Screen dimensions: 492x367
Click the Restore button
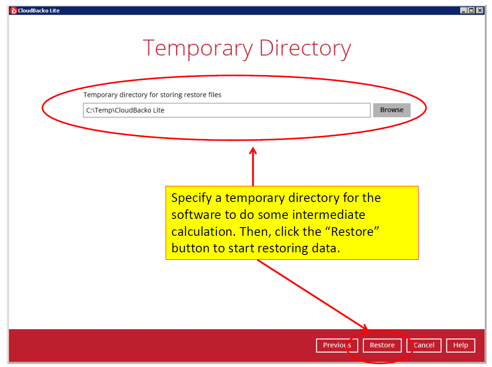pos(382,345)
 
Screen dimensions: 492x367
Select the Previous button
pos(337,345)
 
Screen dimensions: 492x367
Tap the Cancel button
pos(424,345)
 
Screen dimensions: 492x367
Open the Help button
pos(460,345)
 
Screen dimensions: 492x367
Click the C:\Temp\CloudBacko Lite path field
pos(226,110)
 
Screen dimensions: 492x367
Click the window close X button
pos(480,10)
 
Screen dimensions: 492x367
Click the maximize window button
pos(471,10)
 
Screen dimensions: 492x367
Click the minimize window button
pos(464,10)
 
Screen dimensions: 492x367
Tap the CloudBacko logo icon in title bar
pos(13,11)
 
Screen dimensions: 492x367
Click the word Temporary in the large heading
pos(198,49)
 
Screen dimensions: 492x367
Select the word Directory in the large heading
pos(305,49)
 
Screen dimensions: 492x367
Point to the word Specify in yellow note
pos(191,198)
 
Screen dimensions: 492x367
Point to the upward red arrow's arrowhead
pos(253,151)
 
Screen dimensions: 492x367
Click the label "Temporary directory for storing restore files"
pos(152,95)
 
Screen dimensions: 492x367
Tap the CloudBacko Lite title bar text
pos(39,11)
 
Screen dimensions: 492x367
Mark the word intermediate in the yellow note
pos(329,215)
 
